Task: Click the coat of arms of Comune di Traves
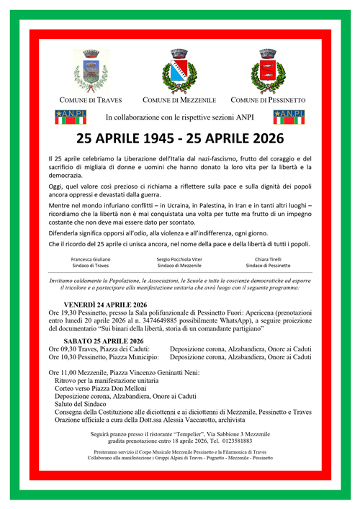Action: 91,71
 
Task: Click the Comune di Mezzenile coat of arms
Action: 179,71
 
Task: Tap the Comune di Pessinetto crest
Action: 267,71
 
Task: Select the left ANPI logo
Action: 70,117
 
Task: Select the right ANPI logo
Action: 289,117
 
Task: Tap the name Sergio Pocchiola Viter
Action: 180,258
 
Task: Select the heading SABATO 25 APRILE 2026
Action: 104,341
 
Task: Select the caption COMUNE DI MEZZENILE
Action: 179,99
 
